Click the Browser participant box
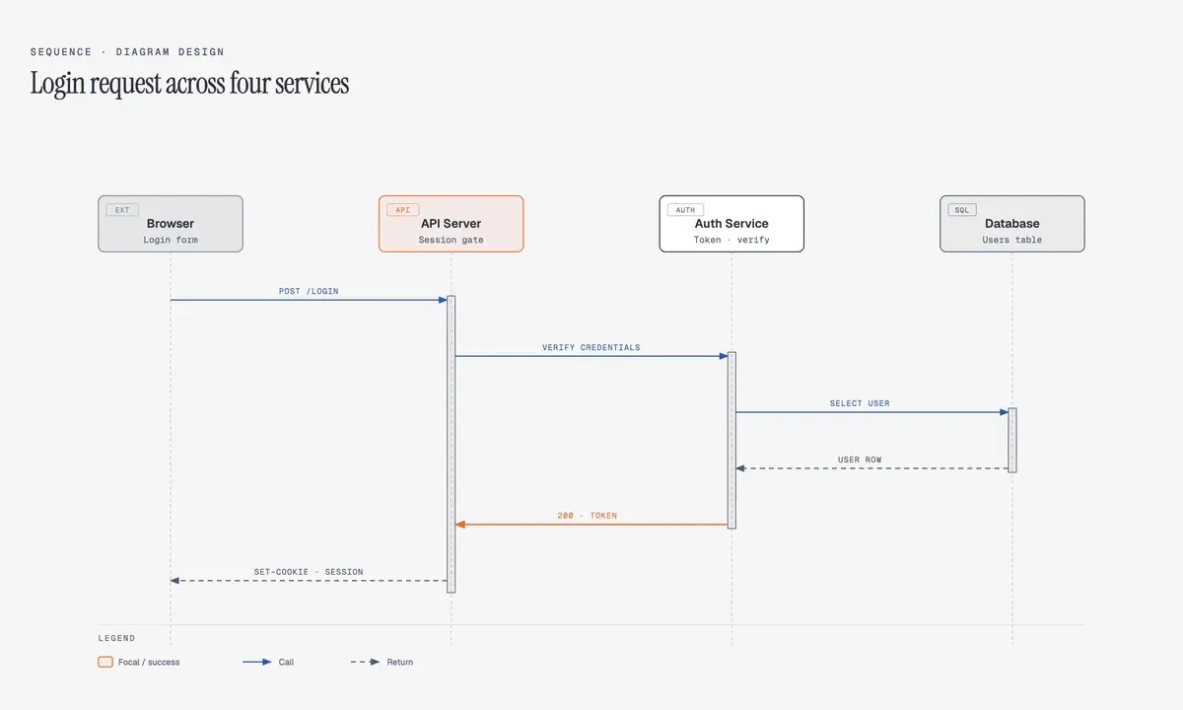click(170, 224)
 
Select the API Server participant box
click(451, 224)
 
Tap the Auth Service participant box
click(731, 224)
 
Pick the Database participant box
click(1011, 224)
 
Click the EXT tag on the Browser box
click(122, 210)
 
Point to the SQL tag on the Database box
click(962, 210)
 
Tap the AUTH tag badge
click(685, 210)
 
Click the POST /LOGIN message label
click(309, 291)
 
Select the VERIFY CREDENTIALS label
click(591, 347)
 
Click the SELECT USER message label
click(860, 403)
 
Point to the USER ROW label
click(860, 460)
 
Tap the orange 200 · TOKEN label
click(587, 516)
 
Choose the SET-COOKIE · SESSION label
click(309, 572)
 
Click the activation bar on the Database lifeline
click(1012, 440)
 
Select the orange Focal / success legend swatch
click(105, 662)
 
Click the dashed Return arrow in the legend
click(365, 662)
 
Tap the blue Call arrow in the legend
click(256, 662)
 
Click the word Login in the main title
click(57, 84)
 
